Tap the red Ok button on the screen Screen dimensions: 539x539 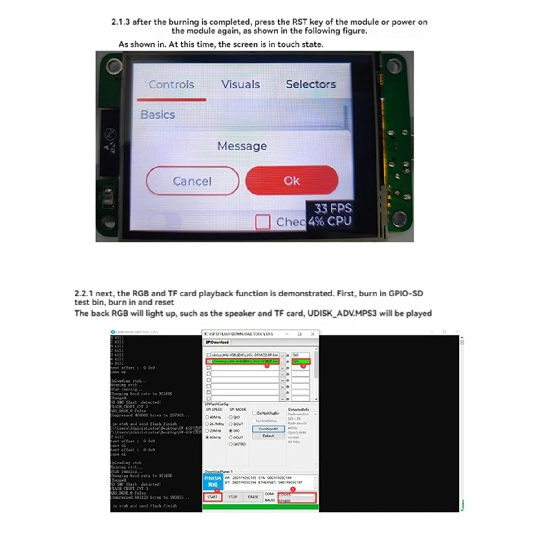click(x=292, y=181)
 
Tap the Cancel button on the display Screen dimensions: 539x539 click(x=192, y=181)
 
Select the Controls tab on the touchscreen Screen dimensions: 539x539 click(x=171, y=84)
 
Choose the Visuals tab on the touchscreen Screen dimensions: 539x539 click(x=240, y=84)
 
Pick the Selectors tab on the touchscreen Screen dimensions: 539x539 click(x=311, y=84)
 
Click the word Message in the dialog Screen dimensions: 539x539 click(x=242, y=146)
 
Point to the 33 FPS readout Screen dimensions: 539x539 click(x=333, y=208)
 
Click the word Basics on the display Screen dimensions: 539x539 click(x=158, y=115)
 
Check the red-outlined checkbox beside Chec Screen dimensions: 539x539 click(x=263, y=222)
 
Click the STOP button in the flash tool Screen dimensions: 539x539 click(x=233, y=497)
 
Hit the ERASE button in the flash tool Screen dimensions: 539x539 click(x=253, y=497)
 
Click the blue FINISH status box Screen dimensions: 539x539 click(x=212, y=482)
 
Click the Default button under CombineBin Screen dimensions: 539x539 click(x=269, y=436)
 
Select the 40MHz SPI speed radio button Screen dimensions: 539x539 click(x=208, y=417)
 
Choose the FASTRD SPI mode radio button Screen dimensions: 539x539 click(x=231, y=444)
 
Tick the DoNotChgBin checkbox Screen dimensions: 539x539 click(x=255, y=413)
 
